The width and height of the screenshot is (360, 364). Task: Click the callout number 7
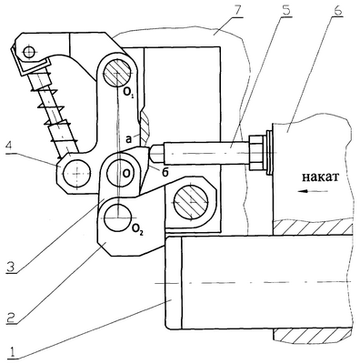(237, 12)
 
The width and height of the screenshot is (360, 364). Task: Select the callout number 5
(285, 10)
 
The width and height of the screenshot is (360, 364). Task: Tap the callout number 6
(337, 10)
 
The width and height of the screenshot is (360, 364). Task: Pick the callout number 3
(11, 266)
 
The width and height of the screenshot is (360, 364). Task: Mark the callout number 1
(12, 353)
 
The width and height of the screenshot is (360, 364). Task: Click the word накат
(320, 177)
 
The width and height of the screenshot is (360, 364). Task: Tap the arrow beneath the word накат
(313, 191)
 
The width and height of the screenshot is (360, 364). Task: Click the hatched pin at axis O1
(117, 74)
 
